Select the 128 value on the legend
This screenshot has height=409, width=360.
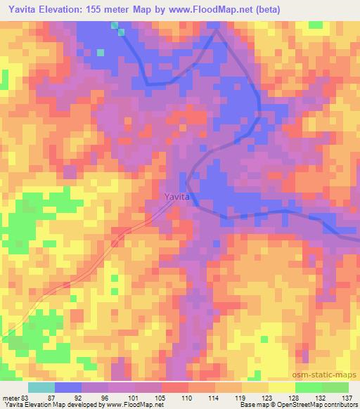[295, 398]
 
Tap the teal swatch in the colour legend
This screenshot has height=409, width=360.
[42, 387]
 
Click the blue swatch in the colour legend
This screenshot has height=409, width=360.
[69, 387]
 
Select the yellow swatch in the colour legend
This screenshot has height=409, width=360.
[281, 387]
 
